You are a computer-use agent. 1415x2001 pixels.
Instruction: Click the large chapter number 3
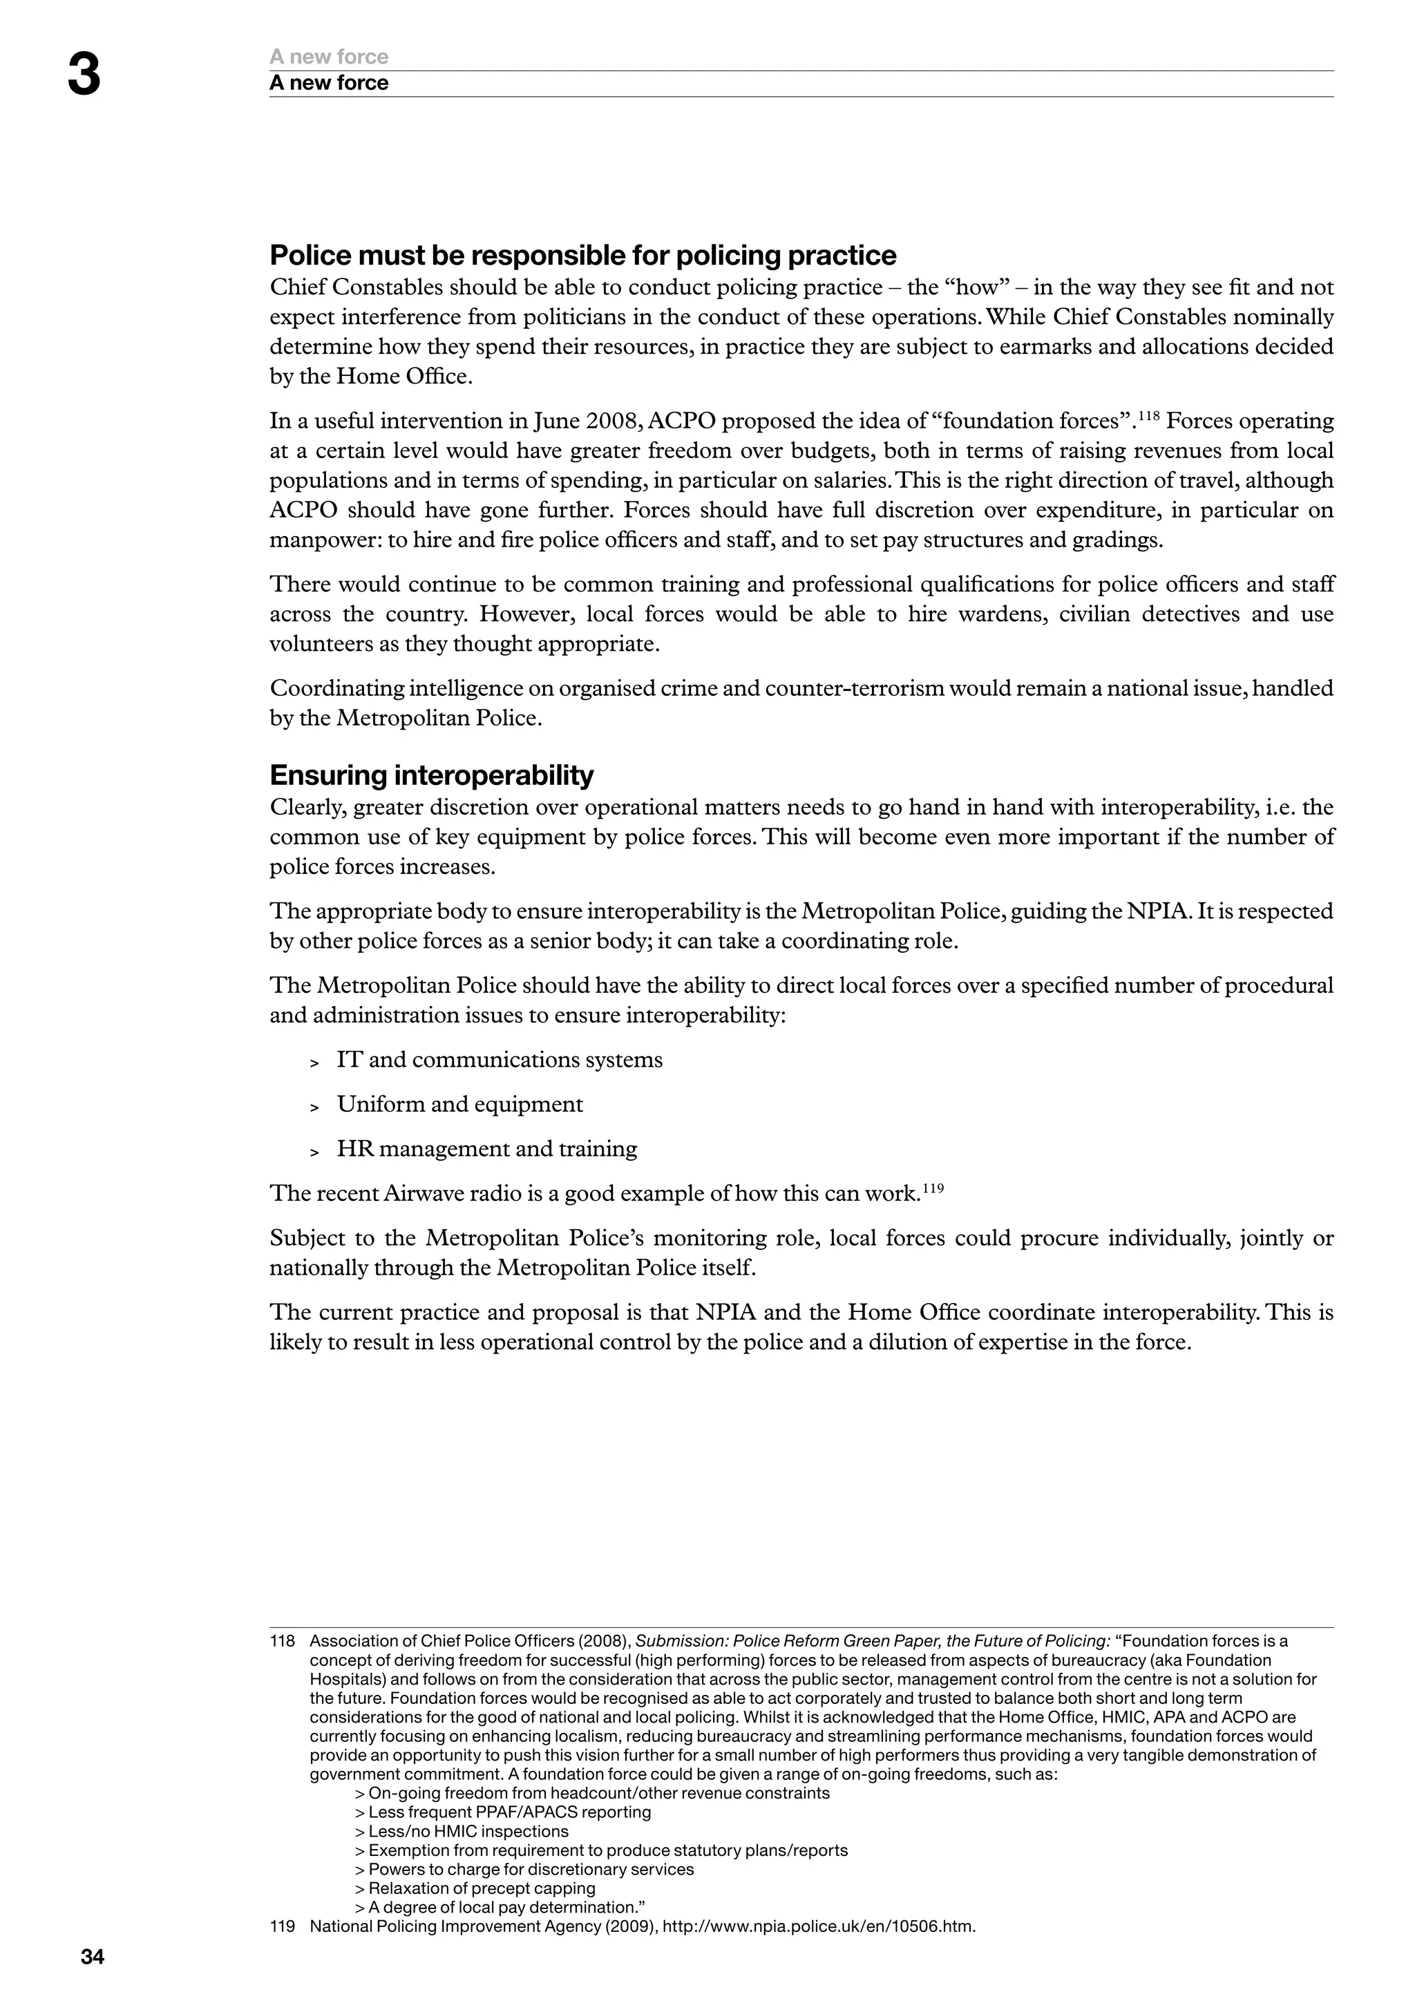(84, 76)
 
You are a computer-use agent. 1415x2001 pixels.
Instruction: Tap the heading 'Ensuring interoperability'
(431, 775)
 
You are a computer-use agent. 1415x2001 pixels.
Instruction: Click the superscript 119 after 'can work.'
(933, 1187)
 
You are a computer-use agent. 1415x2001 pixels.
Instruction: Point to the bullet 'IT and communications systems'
(500, 1060)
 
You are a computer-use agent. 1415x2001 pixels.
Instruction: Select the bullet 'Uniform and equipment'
(460, 1104)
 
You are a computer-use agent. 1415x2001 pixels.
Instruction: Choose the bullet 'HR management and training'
(487, 1148)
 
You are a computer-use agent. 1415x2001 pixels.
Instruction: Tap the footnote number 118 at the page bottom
(283, 1641)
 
